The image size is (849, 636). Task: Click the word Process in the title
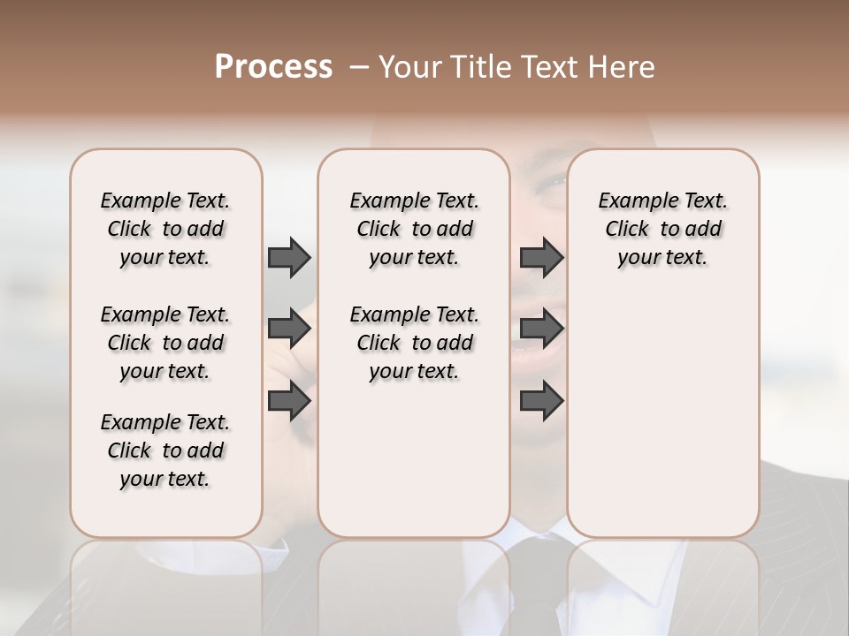[273, 67]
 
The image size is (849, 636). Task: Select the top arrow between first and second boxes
[289, 257]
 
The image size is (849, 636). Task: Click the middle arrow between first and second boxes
[289, 329]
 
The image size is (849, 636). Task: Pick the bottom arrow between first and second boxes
[289, 400]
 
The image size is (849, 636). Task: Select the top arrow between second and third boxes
[541, 257]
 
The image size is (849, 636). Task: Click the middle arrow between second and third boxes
[541, 329]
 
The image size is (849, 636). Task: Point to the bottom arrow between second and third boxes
[541, 400]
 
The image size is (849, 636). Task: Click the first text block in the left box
[165, 229]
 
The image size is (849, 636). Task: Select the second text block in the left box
[165, 343]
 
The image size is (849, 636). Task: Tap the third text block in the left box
[165, 450]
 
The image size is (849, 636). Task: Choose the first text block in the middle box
[414, 229]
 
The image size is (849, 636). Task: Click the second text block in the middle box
[414, 343]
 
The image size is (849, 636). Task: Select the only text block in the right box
[662, 229]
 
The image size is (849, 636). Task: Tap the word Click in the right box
[627, 229]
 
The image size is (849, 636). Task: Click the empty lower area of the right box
[662, 415]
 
